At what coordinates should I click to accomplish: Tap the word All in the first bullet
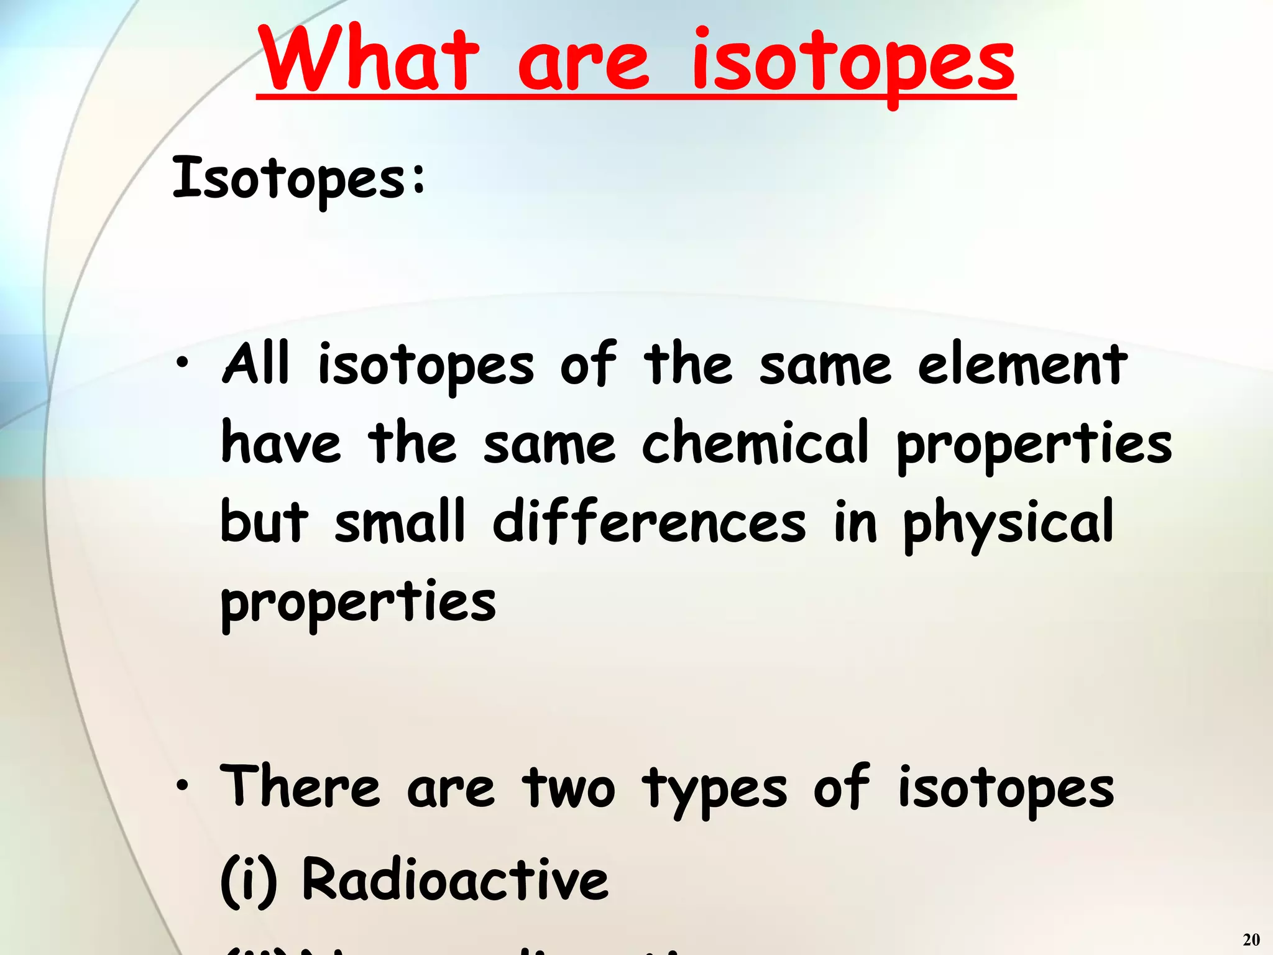(257, 364)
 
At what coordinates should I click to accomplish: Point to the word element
(1023, 365)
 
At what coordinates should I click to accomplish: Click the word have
(281, 443)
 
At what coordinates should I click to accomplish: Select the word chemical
(755, 443)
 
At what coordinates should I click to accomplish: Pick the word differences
(649, 522)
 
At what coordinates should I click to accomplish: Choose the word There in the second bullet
(300, 787)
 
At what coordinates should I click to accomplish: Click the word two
(569, 788)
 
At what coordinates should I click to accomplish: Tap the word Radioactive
(455, 879)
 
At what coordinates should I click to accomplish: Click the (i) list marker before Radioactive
(249, 880)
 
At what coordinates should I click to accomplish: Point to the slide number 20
(1251, 939)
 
